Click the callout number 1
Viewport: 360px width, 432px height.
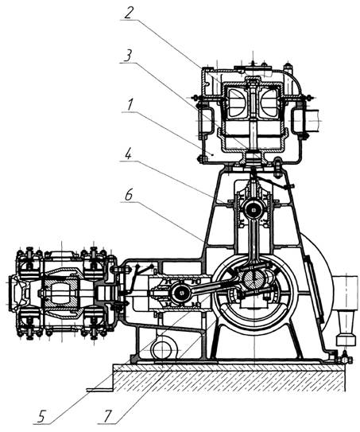pyautogui.click(x=130, y=105)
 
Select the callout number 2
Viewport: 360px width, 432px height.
pyautogui.click(x=129, y=13)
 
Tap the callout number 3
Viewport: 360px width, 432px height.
pyautogui.click(x=127, y=56)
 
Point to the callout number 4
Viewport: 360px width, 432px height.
pyautogui.click(x=127, y=156)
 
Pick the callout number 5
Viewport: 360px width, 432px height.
pyautogui.click(x=41, y=417)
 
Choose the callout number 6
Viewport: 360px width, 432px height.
pyautogui.click(x=129, y=195)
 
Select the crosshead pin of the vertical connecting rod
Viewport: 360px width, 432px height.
pyautogui.click(x=254, y=210)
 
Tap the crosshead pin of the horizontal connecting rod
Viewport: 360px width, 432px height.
pyautogui.click(x=180, y=293)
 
